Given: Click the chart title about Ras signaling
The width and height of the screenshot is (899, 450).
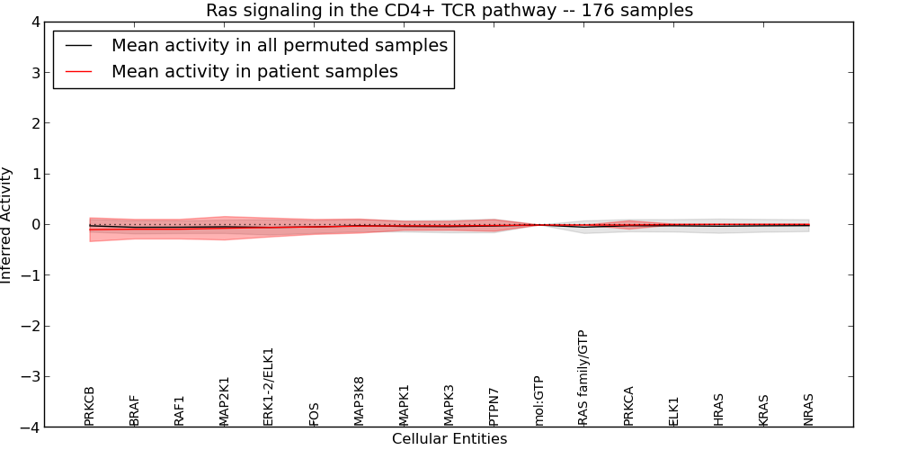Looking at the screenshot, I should (449, 11).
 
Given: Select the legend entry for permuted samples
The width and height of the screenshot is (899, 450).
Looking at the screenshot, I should (279, 45).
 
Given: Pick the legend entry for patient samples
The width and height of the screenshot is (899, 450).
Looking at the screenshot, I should (254, 72).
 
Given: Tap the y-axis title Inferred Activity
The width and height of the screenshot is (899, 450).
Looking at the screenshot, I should (7, 225).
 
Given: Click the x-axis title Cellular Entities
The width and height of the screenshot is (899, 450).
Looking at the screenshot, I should (449, 439).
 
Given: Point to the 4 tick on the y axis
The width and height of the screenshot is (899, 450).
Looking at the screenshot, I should (34, 22).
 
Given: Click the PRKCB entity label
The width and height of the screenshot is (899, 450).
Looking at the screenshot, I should (90, 406).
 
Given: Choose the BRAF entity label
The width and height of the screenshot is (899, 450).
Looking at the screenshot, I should (135, 410).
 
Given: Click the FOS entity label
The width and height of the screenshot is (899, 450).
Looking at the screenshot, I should (315, 414).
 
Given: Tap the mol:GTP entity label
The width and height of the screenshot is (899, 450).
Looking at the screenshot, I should (539, 400).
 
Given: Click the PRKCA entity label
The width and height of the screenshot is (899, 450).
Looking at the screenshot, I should (629, 406).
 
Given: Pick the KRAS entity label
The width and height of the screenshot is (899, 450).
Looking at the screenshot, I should (764, 409).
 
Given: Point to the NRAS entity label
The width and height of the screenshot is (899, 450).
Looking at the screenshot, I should (809, 409).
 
